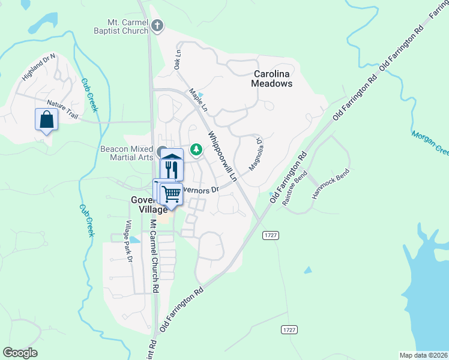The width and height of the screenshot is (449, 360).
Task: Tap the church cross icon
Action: (x=157, y=26)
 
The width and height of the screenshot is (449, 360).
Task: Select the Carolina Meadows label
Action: (x=273, y=79)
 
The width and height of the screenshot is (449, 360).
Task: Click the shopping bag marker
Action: (x=47, y=120)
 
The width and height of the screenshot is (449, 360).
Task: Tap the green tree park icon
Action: (x=196, y=149)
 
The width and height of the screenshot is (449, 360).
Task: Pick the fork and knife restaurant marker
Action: (x=172, y=169)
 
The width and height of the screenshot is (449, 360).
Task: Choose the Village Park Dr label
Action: (x=127, y=241)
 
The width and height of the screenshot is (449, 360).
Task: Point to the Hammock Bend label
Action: (x=330, y=184)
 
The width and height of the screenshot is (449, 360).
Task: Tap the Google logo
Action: (x=20, y=353)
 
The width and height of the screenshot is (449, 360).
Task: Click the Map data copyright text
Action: (x=423, y=355)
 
